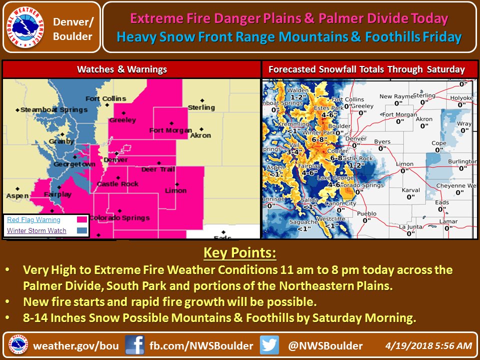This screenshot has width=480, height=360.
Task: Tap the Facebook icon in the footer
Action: [134, 345]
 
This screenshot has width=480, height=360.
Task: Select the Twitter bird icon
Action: [269, 345]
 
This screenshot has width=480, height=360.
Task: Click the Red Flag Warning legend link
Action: [33, 219]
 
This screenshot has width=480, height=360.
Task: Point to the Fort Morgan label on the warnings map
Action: [170, 131]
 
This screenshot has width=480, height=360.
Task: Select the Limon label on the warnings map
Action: [175, 190]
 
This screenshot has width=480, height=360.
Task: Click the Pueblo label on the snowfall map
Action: [367, 214]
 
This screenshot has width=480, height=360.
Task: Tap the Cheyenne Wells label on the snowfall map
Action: [453, 185]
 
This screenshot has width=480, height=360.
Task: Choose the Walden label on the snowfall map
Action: [298, 90]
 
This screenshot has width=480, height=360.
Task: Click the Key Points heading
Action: [239, 253]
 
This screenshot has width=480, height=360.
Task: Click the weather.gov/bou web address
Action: [76, 345]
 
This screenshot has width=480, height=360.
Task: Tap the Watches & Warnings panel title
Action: [121, 69]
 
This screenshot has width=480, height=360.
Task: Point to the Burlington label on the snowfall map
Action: [461, 162]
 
